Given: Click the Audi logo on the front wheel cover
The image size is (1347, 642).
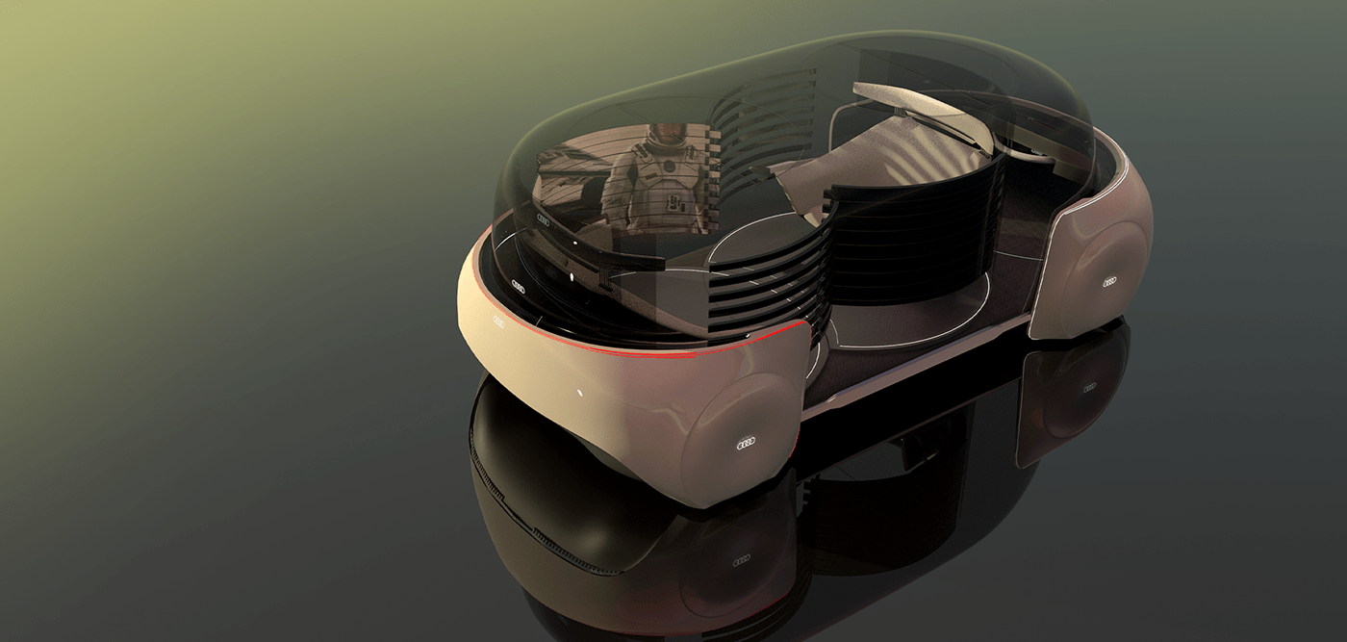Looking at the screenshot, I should [748, 444].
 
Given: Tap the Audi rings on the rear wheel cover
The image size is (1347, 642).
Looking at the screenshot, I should [1109, 282].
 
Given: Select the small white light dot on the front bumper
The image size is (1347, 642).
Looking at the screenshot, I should [579, 392].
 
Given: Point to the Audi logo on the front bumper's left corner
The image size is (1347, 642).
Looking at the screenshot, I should [499, 321].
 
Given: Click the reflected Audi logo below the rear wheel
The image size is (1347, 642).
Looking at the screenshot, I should [1089, 388].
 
